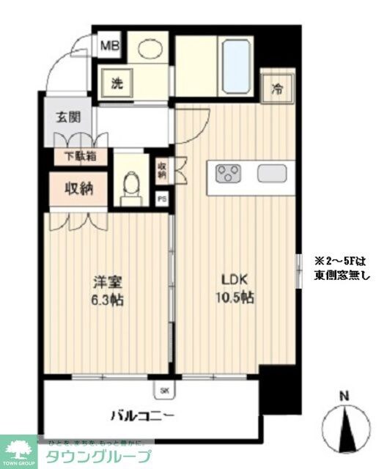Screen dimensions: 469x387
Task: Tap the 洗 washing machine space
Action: (118, 83)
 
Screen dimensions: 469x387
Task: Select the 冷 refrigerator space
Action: (278, 89)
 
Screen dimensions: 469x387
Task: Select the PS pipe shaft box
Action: (161, 199)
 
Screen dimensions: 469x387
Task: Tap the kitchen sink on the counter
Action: (272, 174)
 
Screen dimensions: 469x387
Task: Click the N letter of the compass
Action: (344, 396)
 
